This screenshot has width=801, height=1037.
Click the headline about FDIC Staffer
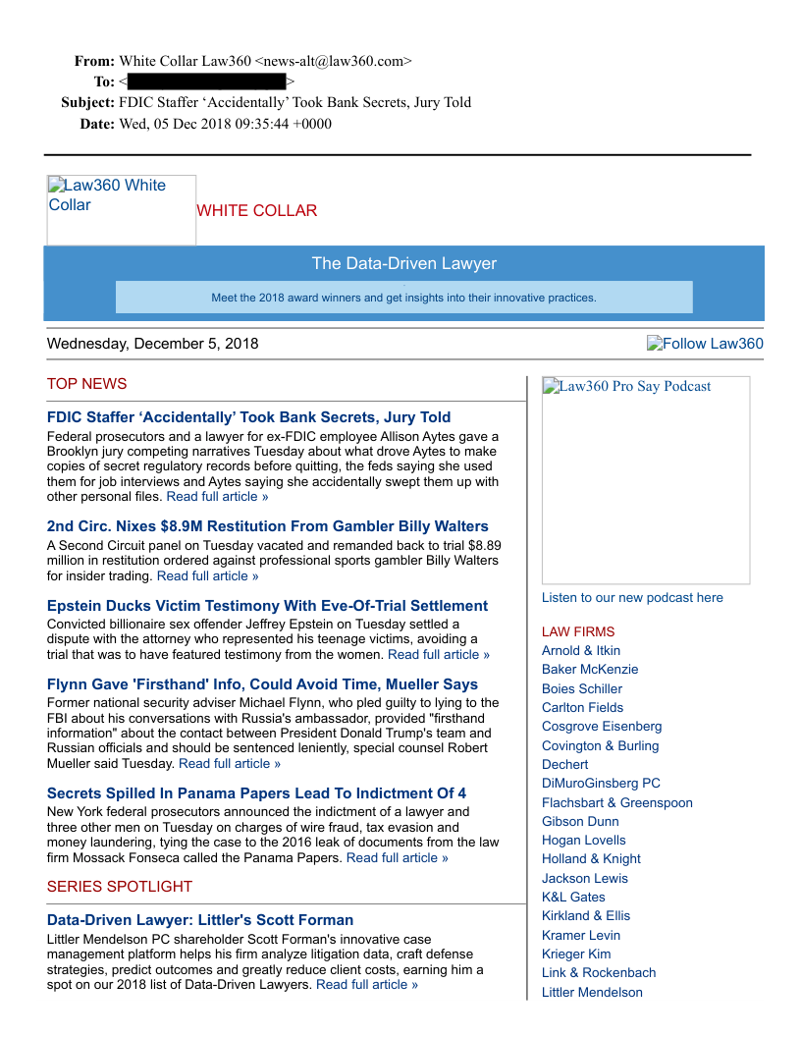point(248,417)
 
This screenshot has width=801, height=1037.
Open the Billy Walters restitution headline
point(267,526)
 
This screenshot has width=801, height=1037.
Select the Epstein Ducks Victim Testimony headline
point(267,606)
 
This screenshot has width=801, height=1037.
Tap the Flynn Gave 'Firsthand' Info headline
point(262,684)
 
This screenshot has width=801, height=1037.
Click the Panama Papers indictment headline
point(256,793)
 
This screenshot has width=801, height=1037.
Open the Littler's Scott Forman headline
point(200,920)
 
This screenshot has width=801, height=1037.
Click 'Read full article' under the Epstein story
point(438,654)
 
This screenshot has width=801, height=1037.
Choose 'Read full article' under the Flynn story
point(230,763)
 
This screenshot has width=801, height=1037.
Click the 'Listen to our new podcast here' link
point(632,597)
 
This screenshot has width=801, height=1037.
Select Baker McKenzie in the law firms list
point(590,670)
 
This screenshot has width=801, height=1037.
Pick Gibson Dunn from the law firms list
point(580,821)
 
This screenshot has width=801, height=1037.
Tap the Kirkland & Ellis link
point(586,915)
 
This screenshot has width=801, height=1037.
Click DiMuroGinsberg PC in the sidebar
point(601,783)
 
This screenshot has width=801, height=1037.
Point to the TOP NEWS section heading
point(86,384)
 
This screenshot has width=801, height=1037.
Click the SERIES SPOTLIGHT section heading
point(120,887)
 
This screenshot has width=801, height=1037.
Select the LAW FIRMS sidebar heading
point(578,631)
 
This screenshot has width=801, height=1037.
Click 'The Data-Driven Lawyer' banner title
point(403,263)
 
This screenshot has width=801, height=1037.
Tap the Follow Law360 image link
point(705,344)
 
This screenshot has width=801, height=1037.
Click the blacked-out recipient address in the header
point(206,82)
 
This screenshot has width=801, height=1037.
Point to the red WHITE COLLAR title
point(256,211)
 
